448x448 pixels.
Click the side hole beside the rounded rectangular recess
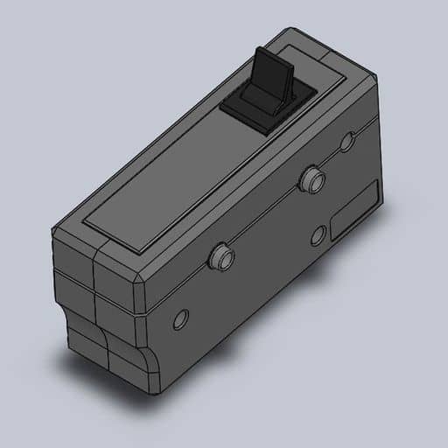[x=319, y=234]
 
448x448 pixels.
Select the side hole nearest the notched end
[x=181, y=319]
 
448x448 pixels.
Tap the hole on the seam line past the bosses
[x=347, y=142]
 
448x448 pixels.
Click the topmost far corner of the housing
[x=293, y=30]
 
